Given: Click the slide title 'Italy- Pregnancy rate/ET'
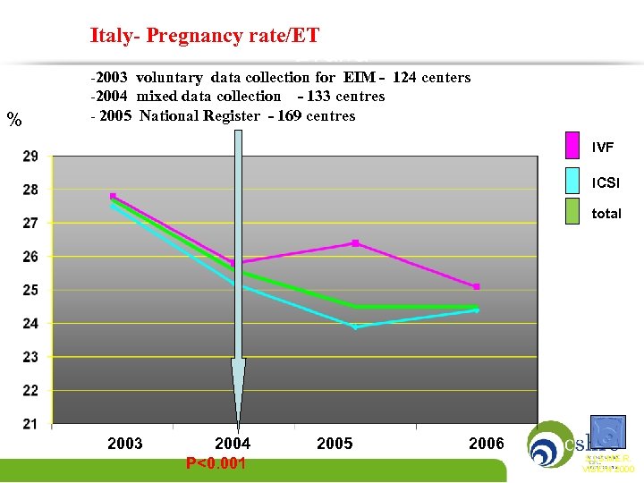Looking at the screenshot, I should pyautogui.click(x=204, y=37).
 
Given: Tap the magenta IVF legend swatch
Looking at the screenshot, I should pyautogui.click(x=573, y=146).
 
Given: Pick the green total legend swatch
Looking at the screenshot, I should pyautogui.click(x=573, y=213).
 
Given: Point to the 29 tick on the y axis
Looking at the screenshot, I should pyautogui.click(x=30, y=157).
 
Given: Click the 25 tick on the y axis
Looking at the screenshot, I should pyautogui.click(x=30, y=290).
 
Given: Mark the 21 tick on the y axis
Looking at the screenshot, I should pyautogui.click(x=30, y=423).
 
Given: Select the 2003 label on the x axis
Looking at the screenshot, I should pyautogui.click(x=125, y=444).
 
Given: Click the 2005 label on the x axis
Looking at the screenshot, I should pyautogui.click(x=335, y=444).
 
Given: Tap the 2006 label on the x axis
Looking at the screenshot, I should pyautogui.click(x=487, y=444).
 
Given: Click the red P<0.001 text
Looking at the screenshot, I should pyautogui.click(x=216, y=463).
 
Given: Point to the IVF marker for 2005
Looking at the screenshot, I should pyautogui.click(x=355, y=243).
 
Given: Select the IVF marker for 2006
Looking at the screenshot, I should pyautogui.click(x=477, y=287).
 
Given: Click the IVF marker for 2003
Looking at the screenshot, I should pyautogui.click(x=113, y=196).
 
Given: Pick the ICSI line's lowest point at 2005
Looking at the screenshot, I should pyautogui.click(x=355, y=327).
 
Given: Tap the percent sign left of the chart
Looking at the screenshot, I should pyautogui.click(x=13, y=120).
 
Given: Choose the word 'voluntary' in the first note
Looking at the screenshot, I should pyautogui.click(x=170, y=78).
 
